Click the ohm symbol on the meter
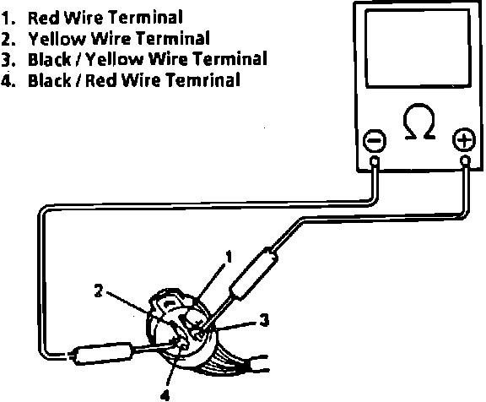[x=419, y=122]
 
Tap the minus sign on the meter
[x=375, y=140]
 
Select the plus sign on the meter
[x=464, y=139]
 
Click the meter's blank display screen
[x=418, y=48]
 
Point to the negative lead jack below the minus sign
[x=375, y=161]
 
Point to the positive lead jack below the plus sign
[x=465, y=160]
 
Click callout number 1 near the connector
[x=229, y=257]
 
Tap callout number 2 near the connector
[x=98, y=291]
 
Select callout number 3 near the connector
[x=264, y=320]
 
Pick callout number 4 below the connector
[x=165, y=395]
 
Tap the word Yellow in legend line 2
[x=57, y=39]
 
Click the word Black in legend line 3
[x=49, y=59]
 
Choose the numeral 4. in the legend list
[x=8, y=80]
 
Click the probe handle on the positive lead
[x=253, y=273]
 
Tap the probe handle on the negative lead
[x=101, y=353]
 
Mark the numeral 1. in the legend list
[x=8, y=19]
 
